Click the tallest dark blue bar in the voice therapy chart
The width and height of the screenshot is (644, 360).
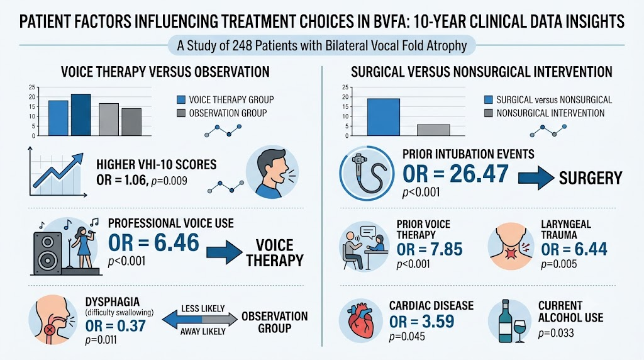(81, 115)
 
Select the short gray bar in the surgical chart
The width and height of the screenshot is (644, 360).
(433, 130)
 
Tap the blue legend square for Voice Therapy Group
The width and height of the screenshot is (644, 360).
(181, 99)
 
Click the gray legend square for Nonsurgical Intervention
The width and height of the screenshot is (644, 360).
(488, 113)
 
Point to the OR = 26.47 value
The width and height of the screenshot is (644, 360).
(455, 174)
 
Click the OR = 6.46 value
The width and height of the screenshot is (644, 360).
(153, 242)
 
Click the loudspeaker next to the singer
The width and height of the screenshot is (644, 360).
(48, 254)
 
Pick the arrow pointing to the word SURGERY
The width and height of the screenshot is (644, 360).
(536, 178)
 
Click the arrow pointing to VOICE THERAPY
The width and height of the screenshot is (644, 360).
(225, 252)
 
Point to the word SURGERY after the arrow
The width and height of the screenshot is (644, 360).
(591, 178)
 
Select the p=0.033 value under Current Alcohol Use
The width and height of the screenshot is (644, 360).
(556, 332)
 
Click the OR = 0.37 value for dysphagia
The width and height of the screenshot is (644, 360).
(116, 326)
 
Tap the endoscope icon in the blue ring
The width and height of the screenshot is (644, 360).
(367, 173)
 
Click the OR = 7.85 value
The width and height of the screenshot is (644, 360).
(429, 249)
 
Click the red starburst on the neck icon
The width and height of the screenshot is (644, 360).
(511, 254)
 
